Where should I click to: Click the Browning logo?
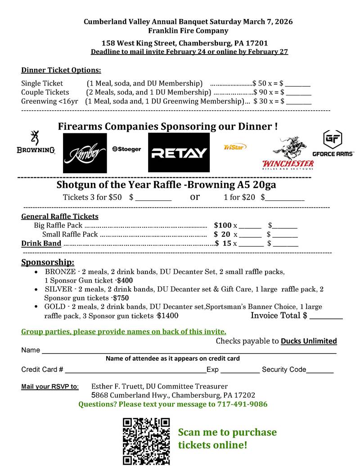(36, 143)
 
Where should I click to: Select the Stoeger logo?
(126, 149)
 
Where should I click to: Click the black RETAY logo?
(179, 153)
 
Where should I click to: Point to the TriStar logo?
(235, 147)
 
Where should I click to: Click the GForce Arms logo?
(333, 144)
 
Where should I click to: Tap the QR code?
(146, 441)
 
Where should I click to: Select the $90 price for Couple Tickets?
(260, 92)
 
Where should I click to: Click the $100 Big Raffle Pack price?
(223, 225)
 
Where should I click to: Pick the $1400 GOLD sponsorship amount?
(167, 316)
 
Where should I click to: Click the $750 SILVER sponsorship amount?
(121, 298)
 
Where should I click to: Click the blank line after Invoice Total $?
(326, 317)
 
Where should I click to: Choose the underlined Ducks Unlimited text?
(309, 341)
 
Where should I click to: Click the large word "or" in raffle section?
(195, 197)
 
